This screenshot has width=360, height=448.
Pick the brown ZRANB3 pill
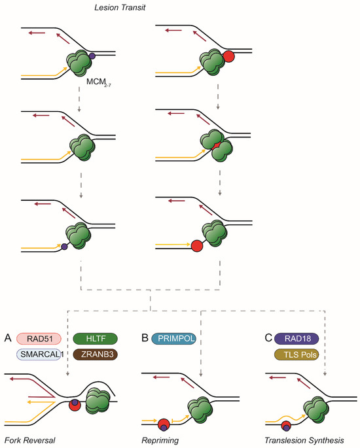tap(96, 354)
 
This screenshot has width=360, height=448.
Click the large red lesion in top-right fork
tap(229, 56)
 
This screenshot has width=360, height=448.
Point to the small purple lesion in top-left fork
tap(93, 56)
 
